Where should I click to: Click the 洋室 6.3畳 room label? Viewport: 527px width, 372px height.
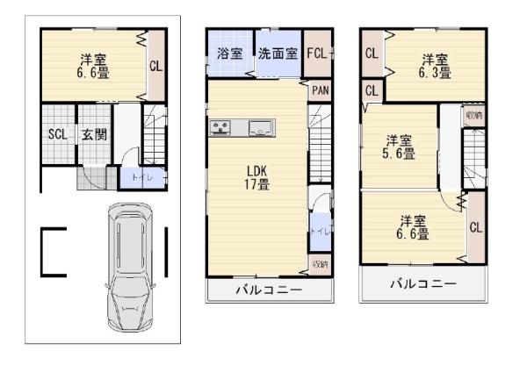coord(435,66)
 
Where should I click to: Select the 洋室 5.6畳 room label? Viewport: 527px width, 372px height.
coord(401,146)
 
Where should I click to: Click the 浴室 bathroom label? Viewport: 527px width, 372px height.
coord(228,54)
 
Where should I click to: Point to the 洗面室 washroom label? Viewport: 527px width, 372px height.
coord(278,54)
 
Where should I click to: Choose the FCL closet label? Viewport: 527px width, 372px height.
coord(319,54)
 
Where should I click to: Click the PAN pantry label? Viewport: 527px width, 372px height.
coord(321,89)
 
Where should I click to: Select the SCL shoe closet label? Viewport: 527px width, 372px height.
coord(57,135)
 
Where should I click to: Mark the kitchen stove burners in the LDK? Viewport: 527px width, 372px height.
coord(220,128)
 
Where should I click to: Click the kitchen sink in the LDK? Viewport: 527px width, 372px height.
coord(261,129)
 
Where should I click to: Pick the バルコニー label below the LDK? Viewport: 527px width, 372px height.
coord(269,290)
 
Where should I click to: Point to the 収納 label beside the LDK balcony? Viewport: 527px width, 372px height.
coord(320,265)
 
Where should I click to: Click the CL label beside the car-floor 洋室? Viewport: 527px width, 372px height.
coord(155,66)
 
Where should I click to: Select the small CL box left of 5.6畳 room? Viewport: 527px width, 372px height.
coord(371,90)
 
